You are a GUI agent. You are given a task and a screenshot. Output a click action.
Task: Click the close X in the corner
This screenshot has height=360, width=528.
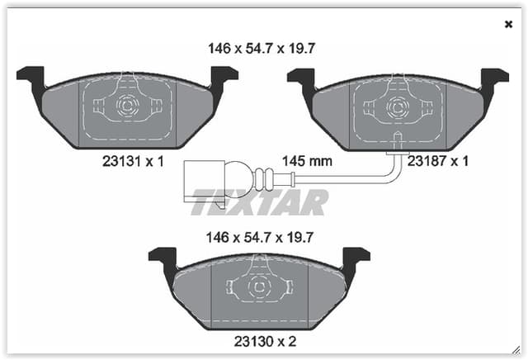click(508, 24)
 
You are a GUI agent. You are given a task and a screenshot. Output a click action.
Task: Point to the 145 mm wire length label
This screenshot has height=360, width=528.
click(307, 162)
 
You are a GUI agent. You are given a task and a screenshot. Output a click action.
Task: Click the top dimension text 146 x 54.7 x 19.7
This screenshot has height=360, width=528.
click(262, 49)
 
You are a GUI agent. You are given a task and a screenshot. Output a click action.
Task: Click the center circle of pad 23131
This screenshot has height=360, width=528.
click(127, 106)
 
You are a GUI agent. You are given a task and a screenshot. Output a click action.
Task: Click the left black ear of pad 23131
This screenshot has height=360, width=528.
click(31, 77)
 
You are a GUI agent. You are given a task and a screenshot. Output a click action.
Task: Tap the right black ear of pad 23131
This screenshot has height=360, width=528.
click(224, 77)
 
